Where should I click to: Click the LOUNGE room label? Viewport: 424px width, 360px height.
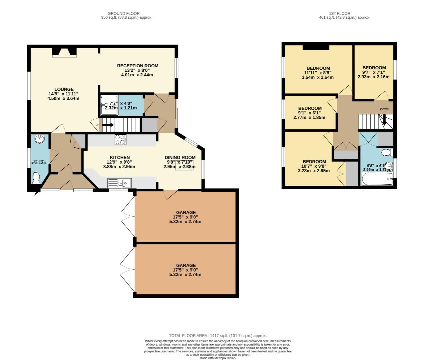pyautogui.click(x=64, y=89)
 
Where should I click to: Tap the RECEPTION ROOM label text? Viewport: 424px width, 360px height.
pyautogui.click(x=138, y=66)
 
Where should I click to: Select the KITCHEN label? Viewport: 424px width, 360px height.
pyautogui.click(x=120, y=157)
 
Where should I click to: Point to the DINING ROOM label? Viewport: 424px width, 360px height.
pyautogui.click(x=180, y=157)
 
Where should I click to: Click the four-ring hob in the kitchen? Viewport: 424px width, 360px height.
pyautogui.click(x=120, y=139)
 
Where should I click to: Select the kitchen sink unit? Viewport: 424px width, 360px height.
pyautogui.click(x=120, y=183)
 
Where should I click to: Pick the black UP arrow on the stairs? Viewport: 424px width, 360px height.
pyautogui.click(x=108, y=125)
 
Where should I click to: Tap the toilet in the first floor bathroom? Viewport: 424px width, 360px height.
pyautogui.click(x=387, y=153)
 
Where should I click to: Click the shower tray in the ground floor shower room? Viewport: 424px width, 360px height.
pyautogui.click(x=110, y=105)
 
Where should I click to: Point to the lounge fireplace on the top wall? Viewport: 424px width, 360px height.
pyautogui.click(x=64, y=52)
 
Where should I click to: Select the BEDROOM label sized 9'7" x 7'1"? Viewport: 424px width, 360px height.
pyautogui.click(x=374, y=68)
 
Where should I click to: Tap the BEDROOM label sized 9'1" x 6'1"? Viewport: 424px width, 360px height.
pyautogui.click(x=310, y=108)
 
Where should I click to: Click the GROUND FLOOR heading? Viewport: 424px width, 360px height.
pyautogui.click(x=124, y=14)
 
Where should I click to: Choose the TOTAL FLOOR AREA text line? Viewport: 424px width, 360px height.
pyautogui.click(x=218, y=336)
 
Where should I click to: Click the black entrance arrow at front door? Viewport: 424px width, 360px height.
pyautogui.click(x=36, y=192)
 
